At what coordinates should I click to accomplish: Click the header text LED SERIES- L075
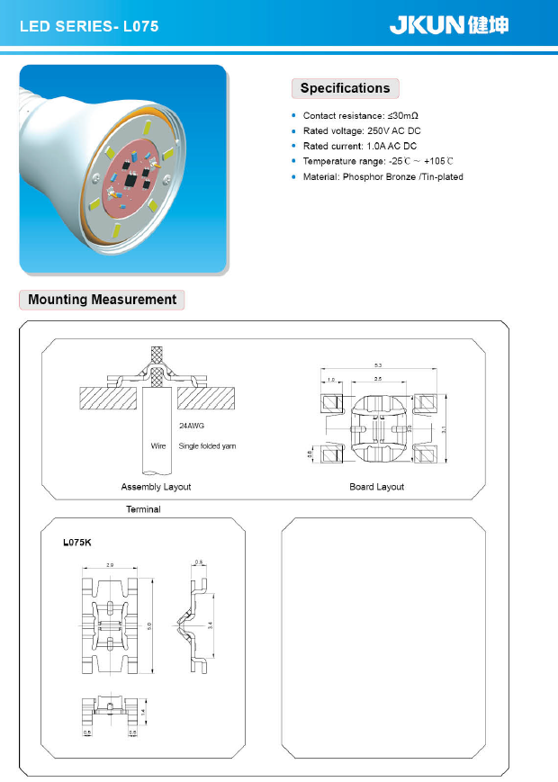pyautogui.click(x=89, y=27)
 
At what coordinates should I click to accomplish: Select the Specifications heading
pyautogui.click(x=345, y=88)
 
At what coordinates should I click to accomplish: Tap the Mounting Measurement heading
pyautogui.click(x=103, y=299)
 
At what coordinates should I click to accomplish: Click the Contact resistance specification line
pyautogui.click(x=361, y=115)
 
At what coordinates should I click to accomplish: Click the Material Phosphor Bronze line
pyautogui.click(x=382, y=176)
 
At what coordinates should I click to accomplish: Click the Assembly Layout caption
pyautogui.click(x=156, y=487)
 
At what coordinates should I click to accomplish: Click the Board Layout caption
pyautogui.click(x=376, y=487)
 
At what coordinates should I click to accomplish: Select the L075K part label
pyautogui.click(x=80, y=543)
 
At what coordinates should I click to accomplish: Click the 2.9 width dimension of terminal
pyautogui.click(x=109, y=564)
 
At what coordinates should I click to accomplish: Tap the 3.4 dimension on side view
pyautogui.click(x=211, y=625)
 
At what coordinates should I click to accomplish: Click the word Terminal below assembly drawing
pyautogui.click(x=143, y=509)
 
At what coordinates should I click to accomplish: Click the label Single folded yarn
pyautogui.click(x=207, y=446)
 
